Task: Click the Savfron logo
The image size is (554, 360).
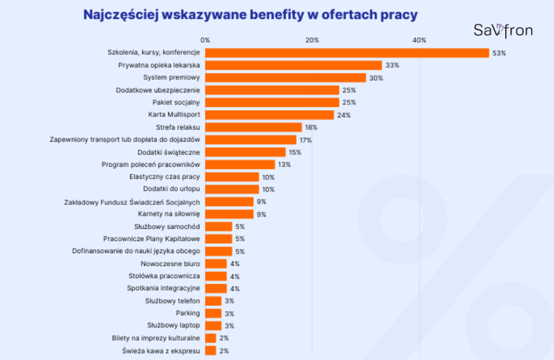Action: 502,30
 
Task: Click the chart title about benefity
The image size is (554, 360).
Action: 250,15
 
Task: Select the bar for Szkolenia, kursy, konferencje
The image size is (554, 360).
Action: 347,53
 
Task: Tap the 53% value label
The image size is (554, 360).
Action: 499,53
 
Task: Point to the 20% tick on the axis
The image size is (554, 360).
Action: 312,40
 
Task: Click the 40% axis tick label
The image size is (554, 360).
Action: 419,40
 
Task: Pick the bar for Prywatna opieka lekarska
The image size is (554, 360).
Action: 293,65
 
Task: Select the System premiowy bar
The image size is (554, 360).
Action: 285,78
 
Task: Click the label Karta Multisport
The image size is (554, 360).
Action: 174,115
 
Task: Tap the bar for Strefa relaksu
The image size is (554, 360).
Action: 253,127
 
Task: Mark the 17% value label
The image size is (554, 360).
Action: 305,140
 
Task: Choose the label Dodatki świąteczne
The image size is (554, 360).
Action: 169,152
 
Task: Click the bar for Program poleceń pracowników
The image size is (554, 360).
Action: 240,164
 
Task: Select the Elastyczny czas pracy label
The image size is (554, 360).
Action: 165,177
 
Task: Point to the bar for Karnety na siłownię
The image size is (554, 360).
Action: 229,214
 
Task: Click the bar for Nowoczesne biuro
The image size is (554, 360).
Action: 216,264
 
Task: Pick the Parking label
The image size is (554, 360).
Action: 188,313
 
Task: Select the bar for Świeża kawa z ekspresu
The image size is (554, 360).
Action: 211,351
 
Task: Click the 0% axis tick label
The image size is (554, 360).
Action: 206,40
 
